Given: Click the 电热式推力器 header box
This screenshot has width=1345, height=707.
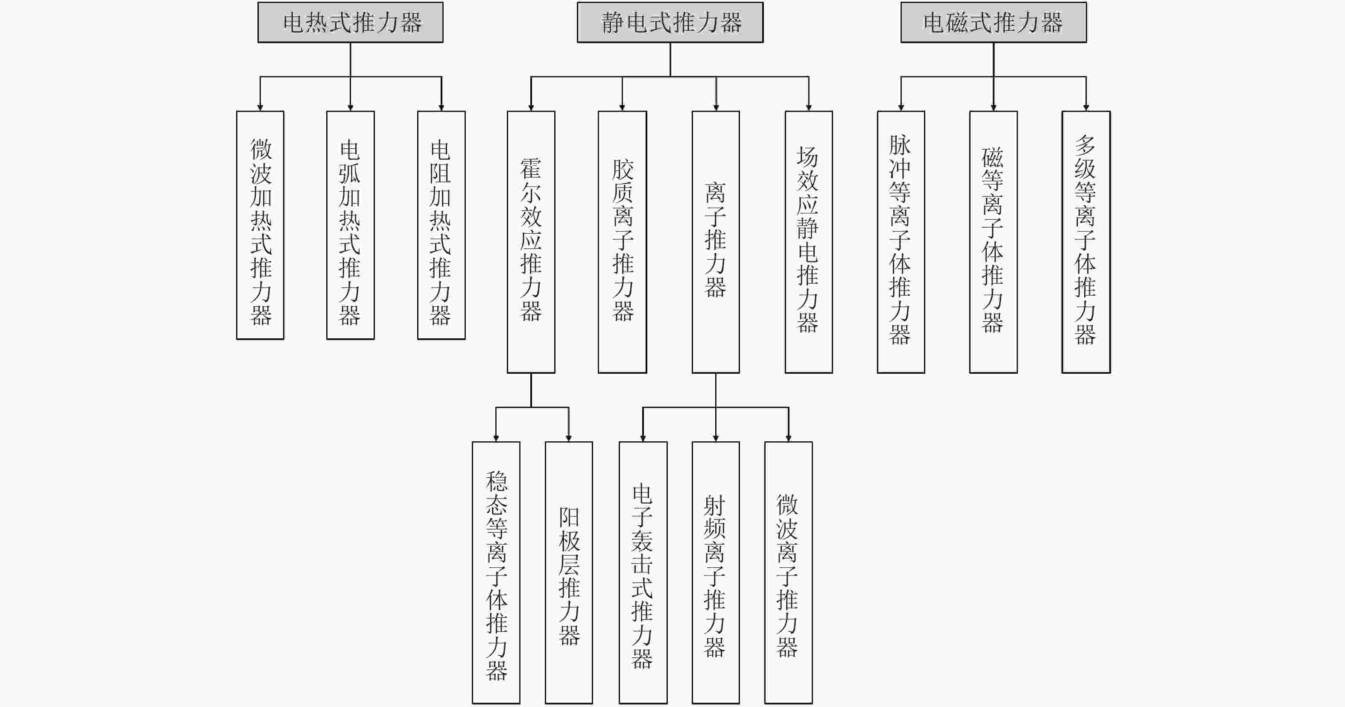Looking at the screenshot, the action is pos(351,23).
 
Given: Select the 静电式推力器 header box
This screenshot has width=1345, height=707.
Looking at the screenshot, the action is pos(670,23).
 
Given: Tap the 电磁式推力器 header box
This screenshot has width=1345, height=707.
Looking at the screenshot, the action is pos(994,23).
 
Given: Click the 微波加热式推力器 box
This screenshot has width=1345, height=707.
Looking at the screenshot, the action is pos(260,225).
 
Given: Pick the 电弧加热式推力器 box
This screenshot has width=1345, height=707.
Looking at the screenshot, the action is pos(351,225).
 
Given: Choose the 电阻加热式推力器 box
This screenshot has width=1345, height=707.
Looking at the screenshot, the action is pos(441,225).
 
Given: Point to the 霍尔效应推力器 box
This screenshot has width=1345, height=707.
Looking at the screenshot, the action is pos(531,242).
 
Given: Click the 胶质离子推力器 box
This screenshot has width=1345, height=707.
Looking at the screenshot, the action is pos(623,242).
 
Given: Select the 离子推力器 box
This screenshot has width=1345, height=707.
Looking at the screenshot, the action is pos(716,242).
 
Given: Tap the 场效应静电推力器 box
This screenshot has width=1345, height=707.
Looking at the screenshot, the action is pos(809,242).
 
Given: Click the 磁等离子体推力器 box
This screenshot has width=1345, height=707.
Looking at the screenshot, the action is pos(994,242).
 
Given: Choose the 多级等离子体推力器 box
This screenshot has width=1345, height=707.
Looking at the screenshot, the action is pos(1086,242).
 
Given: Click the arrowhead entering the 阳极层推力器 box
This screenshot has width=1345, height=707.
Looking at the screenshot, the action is pos(569,438).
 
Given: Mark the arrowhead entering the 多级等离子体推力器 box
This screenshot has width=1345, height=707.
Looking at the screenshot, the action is pos(1086,108).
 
